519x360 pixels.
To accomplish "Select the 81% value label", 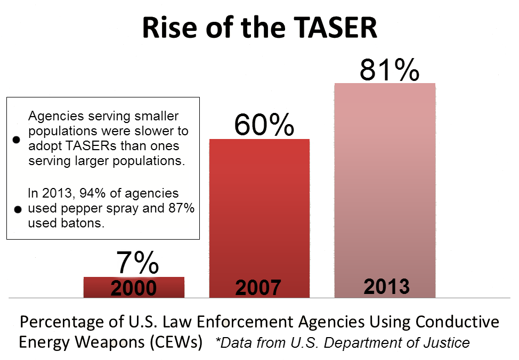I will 389,69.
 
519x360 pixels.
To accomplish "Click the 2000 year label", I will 134,288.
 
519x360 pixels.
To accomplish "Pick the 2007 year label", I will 258,288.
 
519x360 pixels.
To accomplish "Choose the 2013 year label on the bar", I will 386,287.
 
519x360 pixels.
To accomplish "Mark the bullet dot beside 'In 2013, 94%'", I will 17,209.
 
